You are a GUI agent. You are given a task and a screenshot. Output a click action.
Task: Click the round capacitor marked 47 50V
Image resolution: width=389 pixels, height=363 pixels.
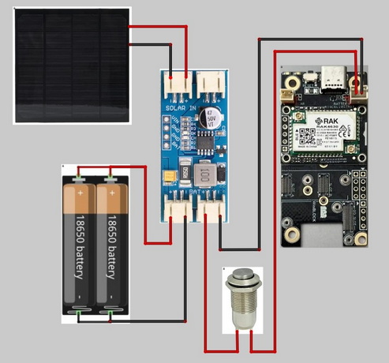click(211, 118)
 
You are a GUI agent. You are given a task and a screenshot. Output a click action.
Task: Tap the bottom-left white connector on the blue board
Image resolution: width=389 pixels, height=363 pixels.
click(177, 208)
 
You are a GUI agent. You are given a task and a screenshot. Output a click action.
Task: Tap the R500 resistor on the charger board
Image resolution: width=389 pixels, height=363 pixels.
click(183, 172)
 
